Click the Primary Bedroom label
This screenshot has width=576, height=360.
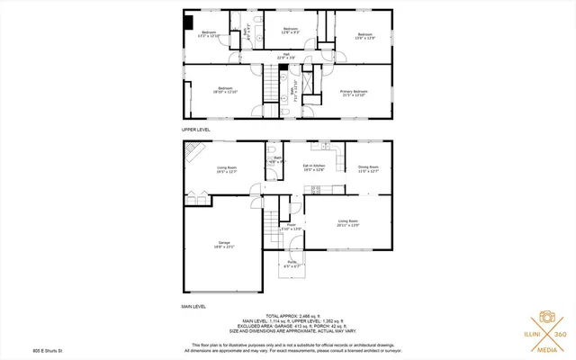pyautogui.click(x=353, y=94)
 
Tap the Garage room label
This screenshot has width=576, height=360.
pyautogui.click(x=224, y=246)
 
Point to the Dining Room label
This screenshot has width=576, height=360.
pyautogui.click(x=368, y=168)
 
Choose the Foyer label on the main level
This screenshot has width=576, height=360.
pyautogui.click(x=291, y=227)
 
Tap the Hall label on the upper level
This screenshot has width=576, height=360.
pyautogui.click(x=286, y=57)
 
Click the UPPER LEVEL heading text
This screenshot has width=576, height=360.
pyautogui.click(x=195, y=130)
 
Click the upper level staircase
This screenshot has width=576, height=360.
pyautogui.click(x=271, y=88)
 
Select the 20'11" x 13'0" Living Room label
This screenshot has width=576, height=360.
pyautogui.click(x=347, y=222)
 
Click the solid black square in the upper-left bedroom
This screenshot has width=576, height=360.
pyautogui.click(x=188, y=23)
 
